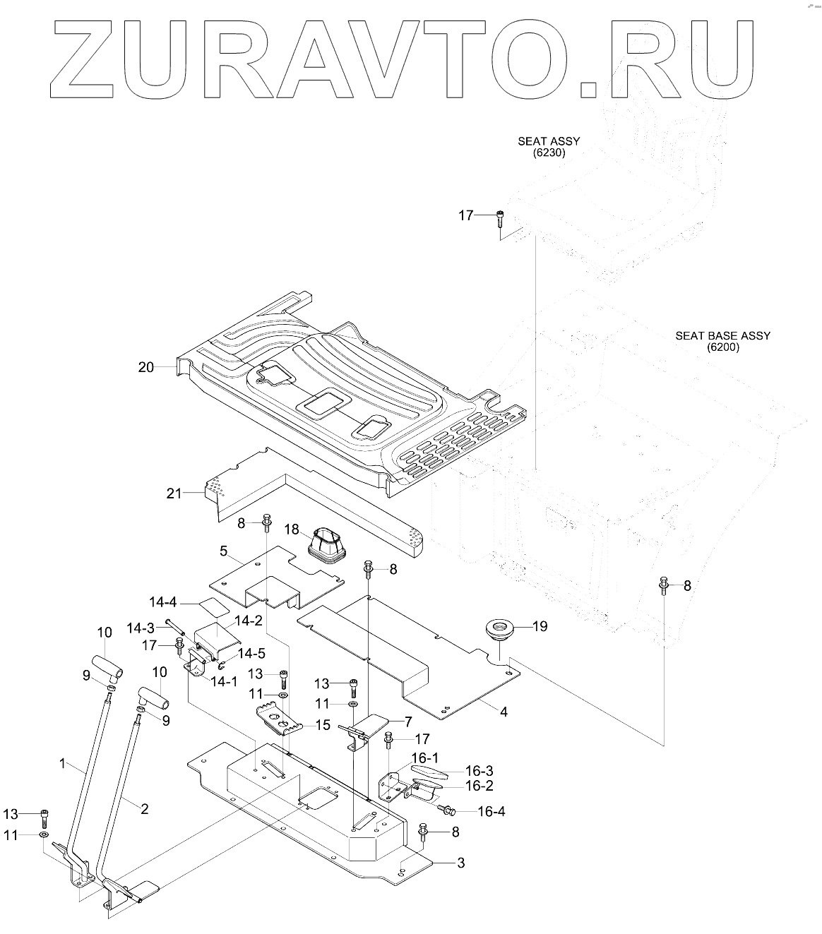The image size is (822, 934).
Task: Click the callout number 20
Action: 146,367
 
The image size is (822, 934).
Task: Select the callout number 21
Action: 174,493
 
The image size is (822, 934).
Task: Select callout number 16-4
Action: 491,812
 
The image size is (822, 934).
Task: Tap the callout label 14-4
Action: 163,603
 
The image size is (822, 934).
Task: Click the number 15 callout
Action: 323,724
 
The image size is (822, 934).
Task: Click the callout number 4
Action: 504,712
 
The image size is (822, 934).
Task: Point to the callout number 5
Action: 223,550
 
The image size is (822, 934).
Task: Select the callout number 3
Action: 460,863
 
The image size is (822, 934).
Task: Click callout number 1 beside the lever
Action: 62,763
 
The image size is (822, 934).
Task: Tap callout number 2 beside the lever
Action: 144,809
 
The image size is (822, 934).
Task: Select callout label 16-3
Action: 479,771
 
